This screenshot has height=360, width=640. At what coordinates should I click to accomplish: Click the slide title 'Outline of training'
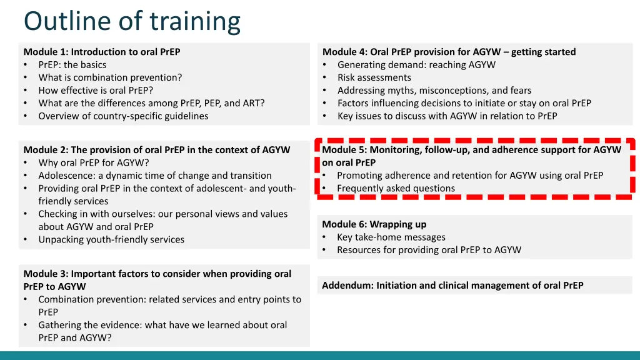click(132, 21)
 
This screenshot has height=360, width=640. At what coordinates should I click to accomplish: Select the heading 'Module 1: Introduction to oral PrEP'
click(102, 52)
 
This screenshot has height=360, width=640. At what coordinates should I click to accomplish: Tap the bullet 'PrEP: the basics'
click(72, 65)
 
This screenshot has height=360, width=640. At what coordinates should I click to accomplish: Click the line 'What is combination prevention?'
click(110, 77)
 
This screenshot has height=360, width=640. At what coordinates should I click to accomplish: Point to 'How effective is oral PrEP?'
click(96, 91)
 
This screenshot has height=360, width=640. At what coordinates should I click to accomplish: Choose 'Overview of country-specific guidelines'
click(123, 116)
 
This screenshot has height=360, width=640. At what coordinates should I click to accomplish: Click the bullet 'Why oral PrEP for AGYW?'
click(94, 163)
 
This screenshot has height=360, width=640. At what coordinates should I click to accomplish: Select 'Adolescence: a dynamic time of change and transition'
click(155, 176)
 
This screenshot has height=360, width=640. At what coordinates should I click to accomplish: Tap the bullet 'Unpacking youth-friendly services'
click(111, 239)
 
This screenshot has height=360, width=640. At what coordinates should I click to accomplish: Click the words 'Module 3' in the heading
click(46, 274)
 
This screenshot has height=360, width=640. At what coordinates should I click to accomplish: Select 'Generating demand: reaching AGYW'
click(416, 65)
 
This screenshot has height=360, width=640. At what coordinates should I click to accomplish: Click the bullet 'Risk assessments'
click(374, 77)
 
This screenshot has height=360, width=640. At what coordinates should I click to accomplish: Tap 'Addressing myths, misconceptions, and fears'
click(434, 91)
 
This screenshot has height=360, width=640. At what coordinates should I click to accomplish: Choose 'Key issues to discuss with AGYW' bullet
click(447, 116)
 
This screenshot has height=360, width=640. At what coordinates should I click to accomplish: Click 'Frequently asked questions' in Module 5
click(396, 188)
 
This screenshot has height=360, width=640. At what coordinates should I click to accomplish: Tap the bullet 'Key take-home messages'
click(391, 237)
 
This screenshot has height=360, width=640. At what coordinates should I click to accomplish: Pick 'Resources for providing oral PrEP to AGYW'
click(429, 250)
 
